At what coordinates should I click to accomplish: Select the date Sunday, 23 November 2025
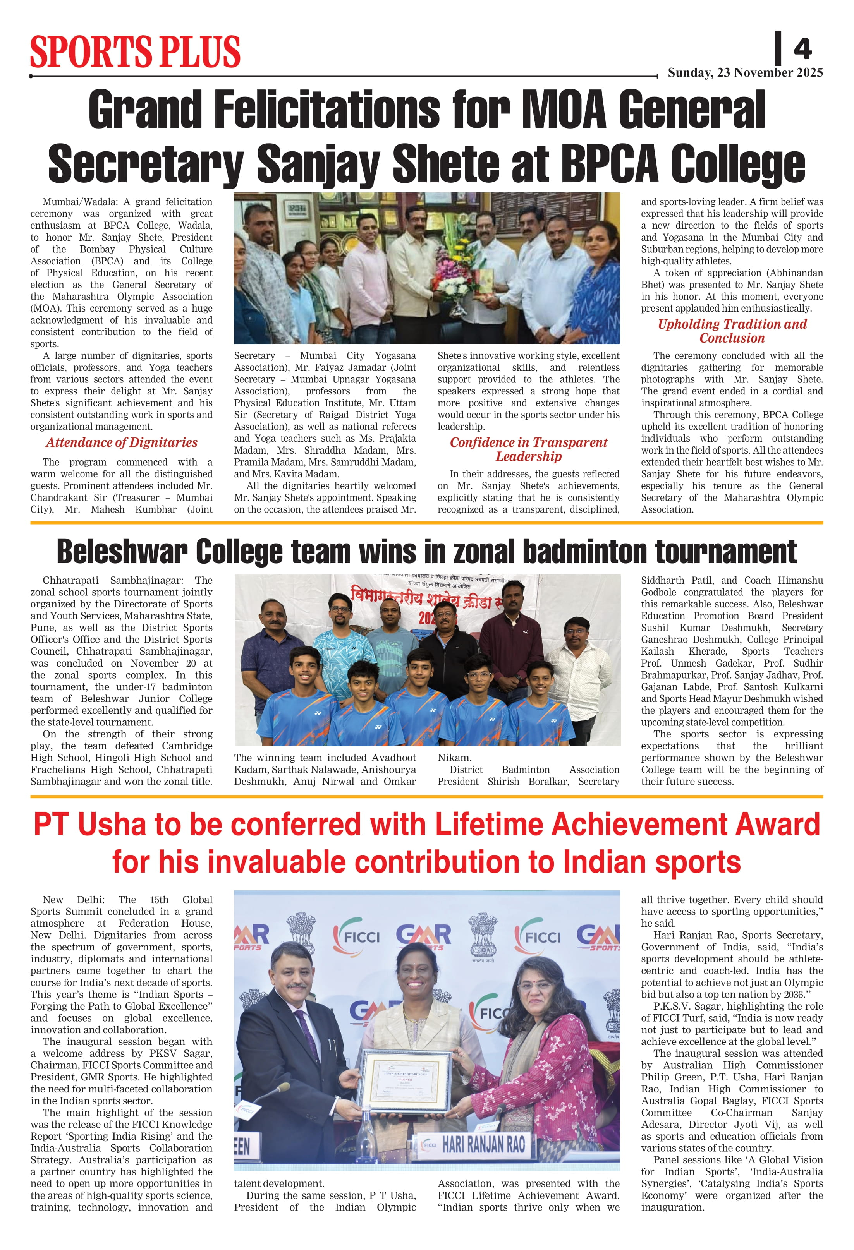745,73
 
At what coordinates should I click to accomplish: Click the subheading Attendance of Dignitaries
121,442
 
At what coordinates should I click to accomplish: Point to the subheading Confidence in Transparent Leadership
528,449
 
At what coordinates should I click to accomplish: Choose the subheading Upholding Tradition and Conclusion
732,331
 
